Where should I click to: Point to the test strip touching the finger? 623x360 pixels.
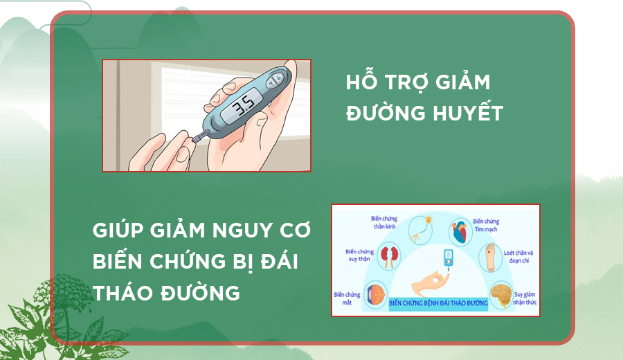201,136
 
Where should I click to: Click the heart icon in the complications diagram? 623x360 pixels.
460,232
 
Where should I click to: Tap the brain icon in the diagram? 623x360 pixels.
501,295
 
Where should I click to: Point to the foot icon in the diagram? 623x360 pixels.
490,257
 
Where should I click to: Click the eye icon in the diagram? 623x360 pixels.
375,294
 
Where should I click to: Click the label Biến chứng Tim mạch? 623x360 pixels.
486,225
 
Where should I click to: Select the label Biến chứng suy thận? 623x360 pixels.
359,255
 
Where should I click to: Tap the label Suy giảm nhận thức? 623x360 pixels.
525,298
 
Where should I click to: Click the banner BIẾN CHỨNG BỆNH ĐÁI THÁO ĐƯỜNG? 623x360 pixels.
438,303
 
